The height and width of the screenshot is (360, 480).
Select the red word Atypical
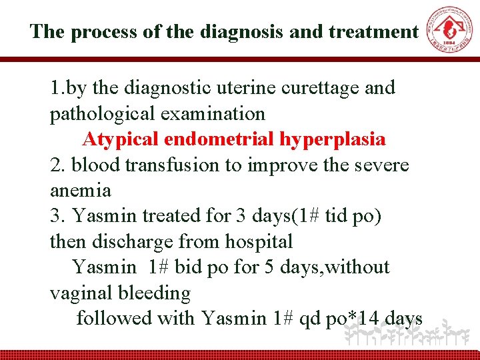[120, 139]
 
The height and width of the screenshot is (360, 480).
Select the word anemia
[80, 191]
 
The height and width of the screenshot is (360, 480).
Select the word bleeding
[155, 293]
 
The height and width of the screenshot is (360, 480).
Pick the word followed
[114, 319]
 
